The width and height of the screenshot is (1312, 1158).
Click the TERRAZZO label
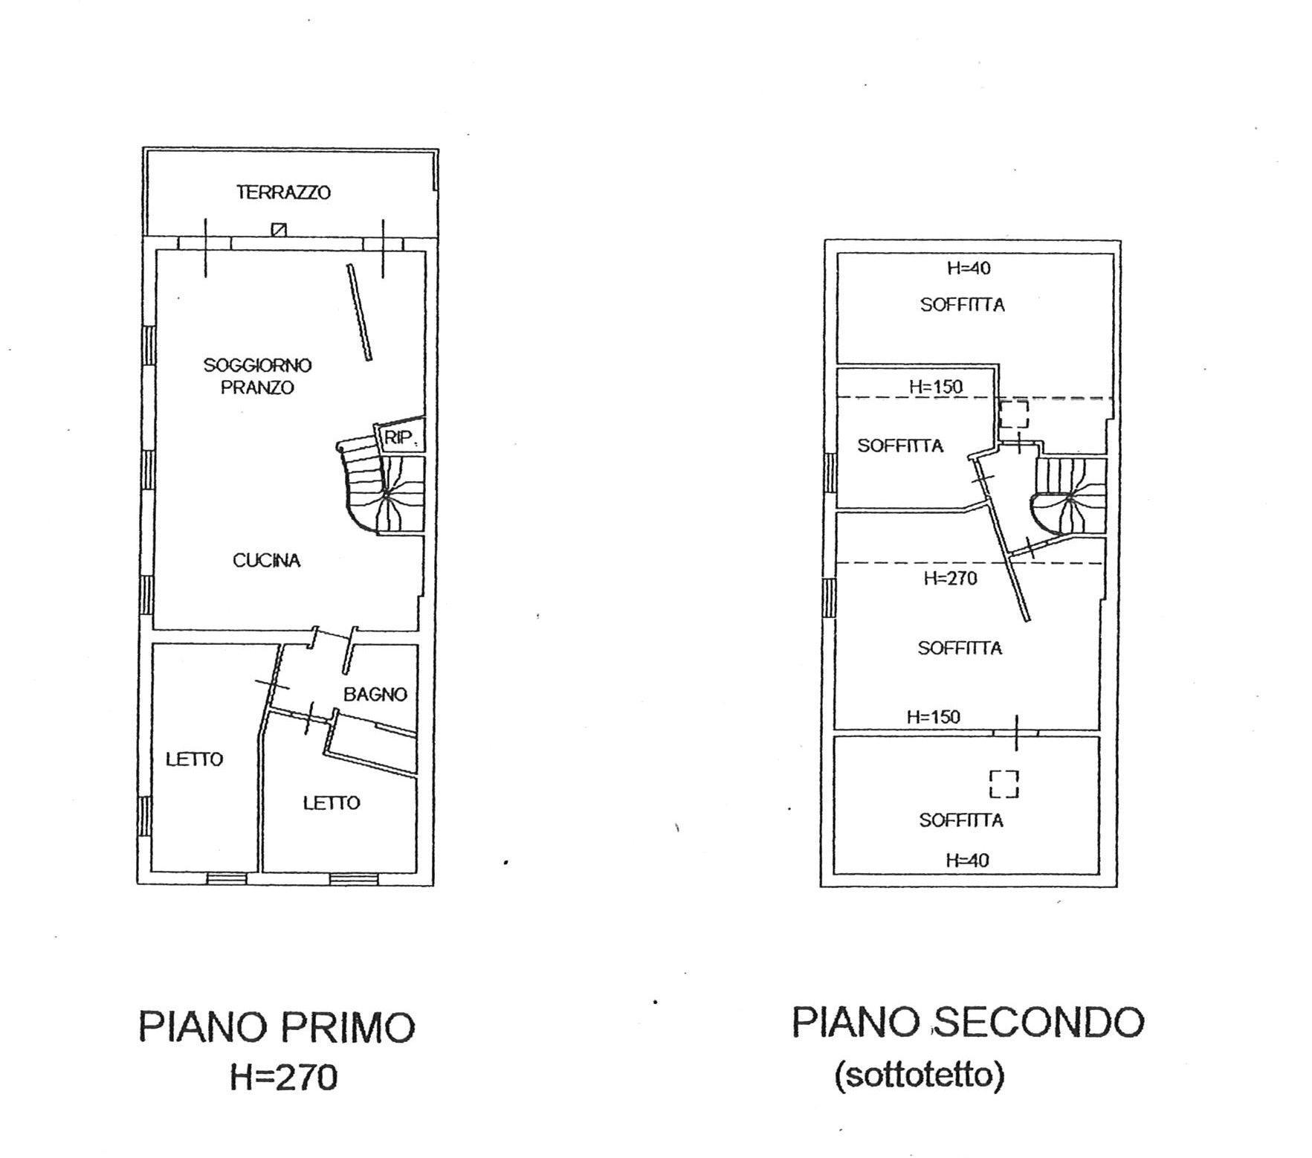click(x=283, y=193)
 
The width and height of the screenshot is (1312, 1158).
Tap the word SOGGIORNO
click(x=257, y=365)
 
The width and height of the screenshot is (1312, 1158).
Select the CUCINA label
click(x=266, y=560)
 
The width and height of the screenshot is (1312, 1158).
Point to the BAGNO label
click(x=375, y=695)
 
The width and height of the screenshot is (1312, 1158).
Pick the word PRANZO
click(x=257, y=387)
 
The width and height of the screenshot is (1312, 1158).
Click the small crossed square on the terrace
click(x=279, y=229)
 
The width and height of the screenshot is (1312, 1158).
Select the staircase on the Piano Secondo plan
click(x=1068, y=497)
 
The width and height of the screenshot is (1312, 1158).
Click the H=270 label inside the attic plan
click(x=950, y=579)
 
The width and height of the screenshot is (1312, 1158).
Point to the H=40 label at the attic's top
click(x=969, y=268)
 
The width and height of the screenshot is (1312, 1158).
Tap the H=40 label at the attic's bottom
click(x=967, y=861)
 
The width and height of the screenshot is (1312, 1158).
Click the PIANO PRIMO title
click(x=277, y=1028)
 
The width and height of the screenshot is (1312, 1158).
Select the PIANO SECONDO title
click(x=968, y=1023)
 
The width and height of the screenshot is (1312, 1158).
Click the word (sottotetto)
click(x=919, y=1075)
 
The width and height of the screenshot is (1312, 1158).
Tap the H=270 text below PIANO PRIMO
click(x=283, y=1077)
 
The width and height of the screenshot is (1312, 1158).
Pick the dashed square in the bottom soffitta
click(x=1004, y=784)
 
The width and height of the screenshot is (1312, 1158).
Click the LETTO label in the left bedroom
click(x=194, y=759)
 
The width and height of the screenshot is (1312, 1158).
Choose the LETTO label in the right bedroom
click(x=332, y=803)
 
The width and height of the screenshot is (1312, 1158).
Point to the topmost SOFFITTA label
click(x=963, y=305)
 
